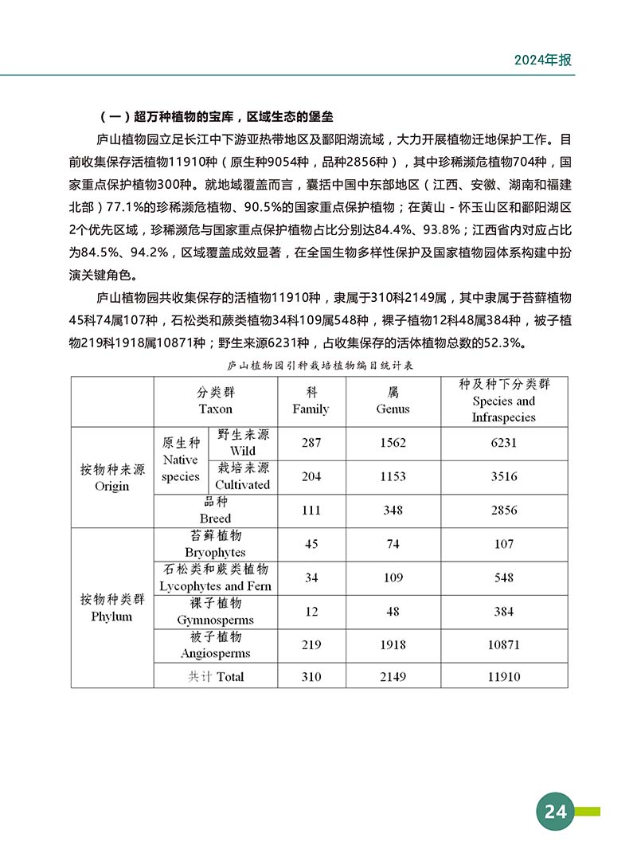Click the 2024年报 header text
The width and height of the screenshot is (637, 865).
point(543,61)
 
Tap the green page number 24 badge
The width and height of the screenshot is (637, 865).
point(555,812)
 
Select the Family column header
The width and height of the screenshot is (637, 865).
point(311,401)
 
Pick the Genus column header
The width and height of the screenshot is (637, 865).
point(393,401)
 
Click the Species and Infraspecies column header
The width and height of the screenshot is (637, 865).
point(503,401)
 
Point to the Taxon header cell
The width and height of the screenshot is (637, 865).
point(215,401)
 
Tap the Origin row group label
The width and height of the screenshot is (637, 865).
point(111,478)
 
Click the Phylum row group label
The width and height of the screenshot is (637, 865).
point(111,609)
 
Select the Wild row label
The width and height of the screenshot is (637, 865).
point(242,443)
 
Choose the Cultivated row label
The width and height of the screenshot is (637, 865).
point(242,476)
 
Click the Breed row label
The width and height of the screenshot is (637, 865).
point(215,511)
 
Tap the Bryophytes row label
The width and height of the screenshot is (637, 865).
point(215,544)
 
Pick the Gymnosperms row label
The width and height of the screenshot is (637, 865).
point(215,612)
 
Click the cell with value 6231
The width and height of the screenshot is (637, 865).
point(503,443)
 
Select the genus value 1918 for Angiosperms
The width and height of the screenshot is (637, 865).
point(393,645)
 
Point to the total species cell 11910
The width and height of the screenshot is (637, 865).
point(503,676)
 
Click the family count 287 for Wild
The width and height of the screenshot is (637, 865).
point(311,443)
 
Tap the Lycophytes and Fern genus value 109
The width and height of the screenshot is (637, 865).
point(393,577)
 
